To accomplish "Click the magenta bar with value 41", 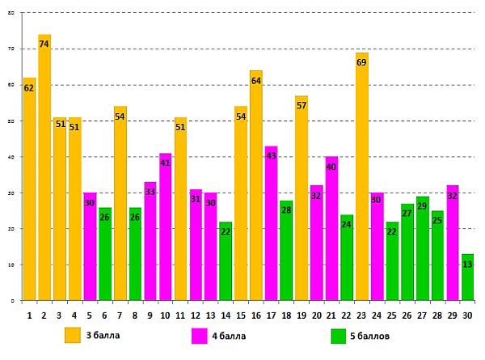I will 165,227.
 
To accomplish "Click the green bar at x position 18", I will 286,251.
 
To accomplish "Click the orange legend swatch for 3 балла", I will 73,335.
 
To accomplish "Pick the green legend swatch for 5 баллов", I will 339,335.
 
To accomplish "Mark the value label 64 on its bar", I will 255,81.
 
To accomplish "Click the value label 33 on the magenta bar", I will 150,193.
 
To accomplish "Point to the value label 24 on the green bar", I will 346,224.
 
